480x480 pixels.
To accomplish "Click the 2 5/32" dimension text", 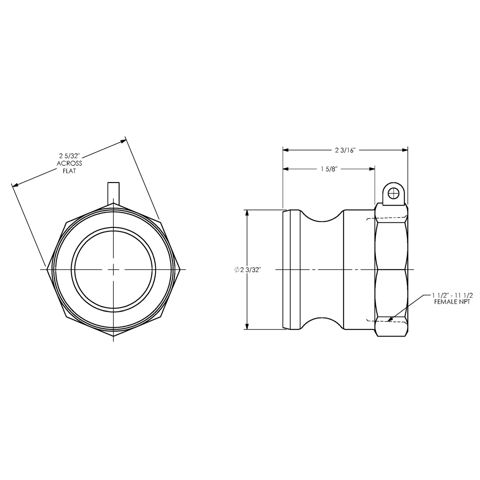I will coord(70,155).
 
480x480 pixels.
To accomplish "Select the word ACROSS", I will coord(69,163).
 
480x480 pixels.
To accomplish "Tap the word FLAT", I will coord(69,171).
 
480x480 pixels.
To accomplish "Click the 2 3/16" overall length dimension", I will coord(345,150).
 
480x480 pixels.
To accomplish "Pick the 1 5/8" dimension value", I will coord(329,169).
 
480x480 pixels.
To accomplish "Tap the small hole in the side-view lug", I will coord(393,192).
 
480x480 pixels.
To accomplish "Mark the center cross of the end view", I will coord(114,269).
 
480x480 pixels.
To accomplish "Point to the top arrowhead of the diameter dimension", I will coord(246,213).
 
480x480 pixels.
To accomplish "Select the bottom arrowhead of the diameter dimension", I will coord(246,326).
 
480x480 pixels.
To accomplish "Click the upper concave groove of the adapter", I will coord(322,218).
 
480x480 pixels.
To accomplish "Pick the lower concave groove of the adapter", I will coord(322,321).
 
